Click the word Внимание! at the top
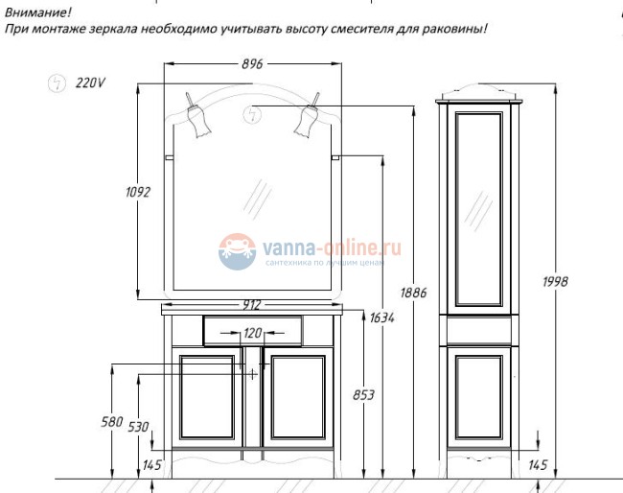click(x=36, y=12)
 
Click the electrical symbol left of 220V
click(x=57, y=83)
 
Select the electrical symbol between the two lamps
click(x=254, y=114)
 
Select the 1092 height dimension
click(x=138, y=192)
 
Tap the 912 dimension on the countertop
click(x=252, y=305)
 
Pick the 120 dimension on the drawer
click(x=252, y=333)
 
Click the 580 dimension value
click(x=112, y=422)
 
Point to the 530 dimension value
click(x=140, y=426)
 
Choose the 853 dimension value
click(x=363, y=394)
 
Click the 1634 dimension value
click(x=382, y=318)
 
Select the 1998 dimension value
click(x=555, y=281)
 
